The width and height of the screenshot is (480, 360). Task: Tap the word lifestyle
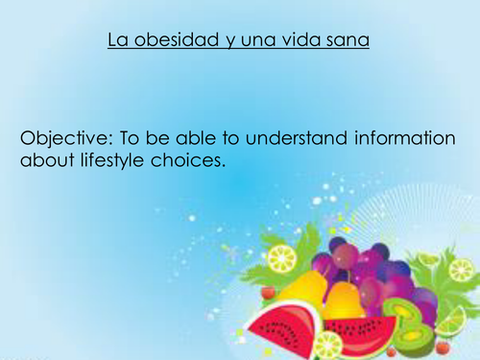coord(106,160)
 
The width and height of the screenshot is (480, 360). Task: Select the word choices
coord(188,160)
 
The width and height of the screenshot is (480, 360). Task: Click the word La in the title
coord(116,40)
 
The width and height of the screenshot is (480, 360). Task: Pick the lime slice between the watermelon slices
coord(326,345)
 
